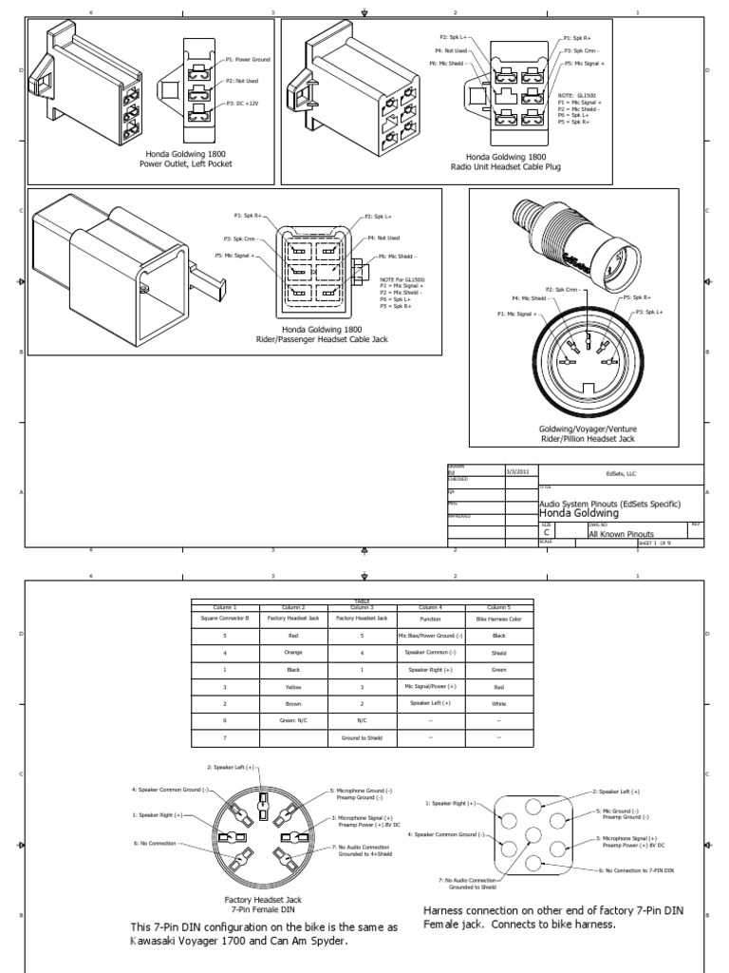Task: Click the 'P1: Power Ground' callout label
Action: pos(248,59)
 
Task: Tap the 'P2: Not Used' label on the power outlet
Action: pos(242,81)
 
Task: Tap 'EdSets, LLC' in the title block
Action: pos(622,471)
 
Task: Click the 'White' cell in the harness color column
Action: pos(499,703)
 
